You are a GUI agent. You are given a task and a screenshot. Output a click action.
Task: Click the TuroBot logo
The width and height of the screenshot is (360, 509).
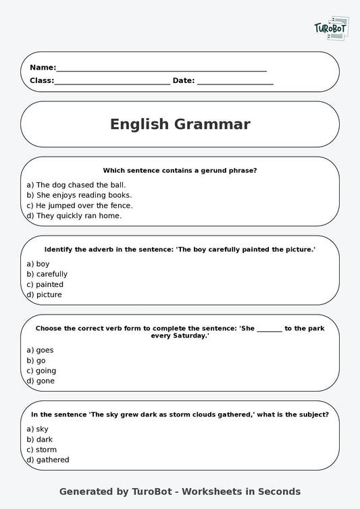tap(332, 28)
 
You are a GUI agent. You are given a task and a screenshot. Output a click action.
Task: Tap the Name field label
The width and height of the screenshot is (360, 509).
tap(43, 68)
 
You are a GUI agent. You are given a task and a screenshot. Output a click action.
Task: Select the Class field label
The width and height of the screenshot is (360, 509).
tap(42, 80)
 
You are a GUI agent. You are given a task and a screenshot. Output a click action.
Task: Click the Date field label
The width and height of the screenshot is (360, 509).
tap(184, 80)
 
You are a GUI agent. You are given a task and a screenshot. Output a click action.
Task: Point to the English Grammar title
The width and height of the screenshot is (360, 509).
tap(180, 124)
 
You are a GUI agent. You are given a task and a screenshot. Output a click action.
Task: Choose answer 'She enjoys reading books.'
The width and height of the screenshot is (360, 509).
tap(79, 195)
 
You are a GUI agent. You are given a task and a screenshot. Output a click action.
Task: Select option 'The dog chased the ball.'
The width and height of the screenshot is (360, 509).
tap(76, 184)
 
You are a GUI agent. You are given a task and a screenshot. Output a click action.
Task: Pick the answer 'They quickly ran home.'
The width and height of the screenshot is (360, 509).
tap(74, 216)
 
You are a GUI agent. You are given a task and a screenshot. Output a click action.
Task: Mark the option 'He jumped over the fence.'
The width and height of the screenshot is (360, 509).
tap(80, 205)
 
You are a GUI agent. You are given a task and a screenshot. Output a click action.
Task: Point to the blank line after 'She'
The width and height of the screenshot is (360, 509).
tap(269, 328)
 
